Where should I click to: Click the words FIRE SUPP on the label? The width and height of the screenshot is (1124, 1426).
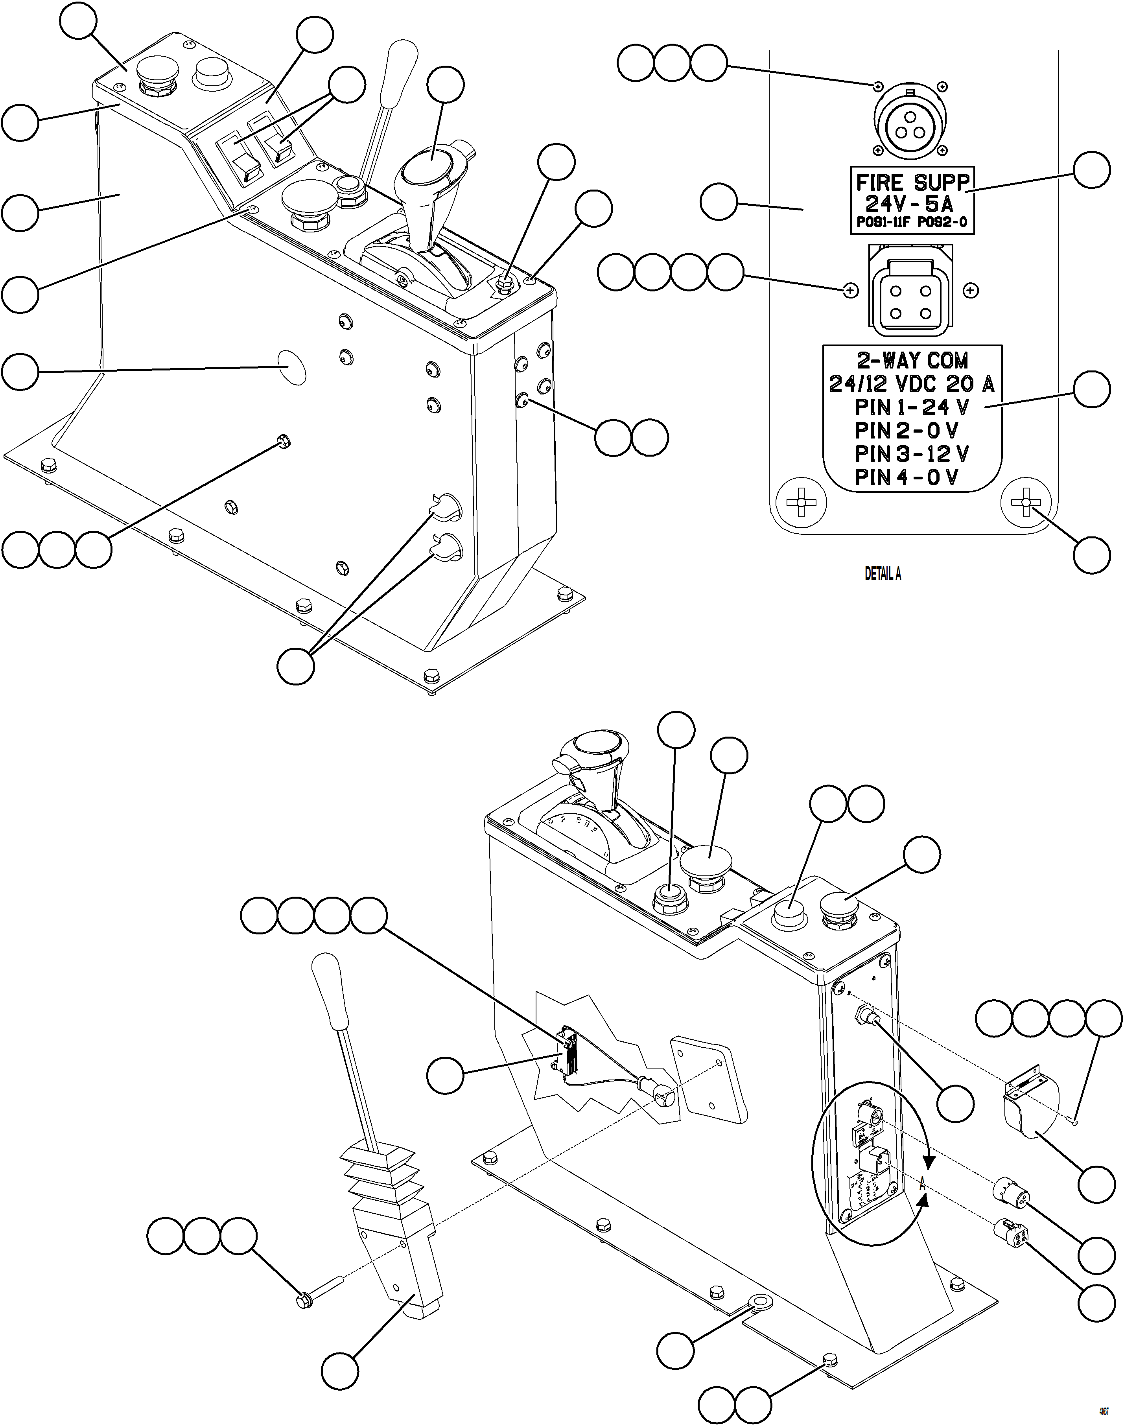tap(912, 182)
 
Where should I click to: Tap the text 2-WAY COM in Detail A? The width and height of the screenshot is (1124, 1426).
tap(912, 361)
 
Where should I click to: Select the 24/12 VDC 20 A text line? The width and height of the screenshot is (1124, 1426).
tap(912, 384)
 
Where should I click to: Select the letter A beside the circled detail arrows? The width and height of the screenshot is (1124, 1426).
tap(924, 1183)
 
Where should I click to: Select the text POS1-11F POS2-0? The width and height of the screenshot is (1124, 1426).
tap(912, 223)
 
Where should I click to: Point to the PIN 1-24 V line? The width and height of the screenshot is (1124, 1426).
tap(912, 407)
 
